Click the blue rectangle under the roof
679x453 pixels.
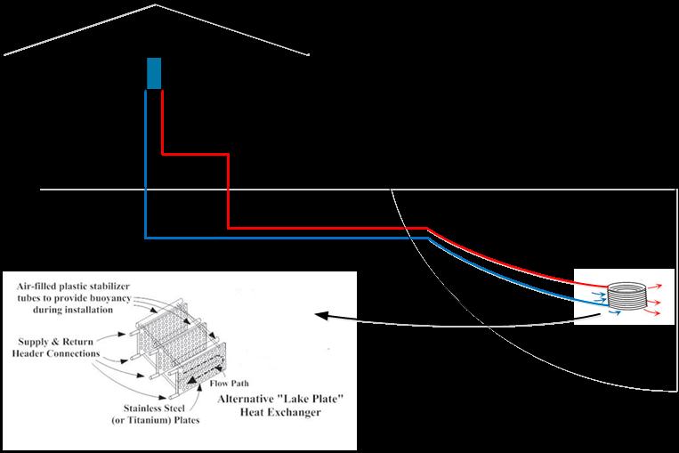coord(154,73)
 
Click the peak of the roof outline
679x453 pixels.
coord(157,5)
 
